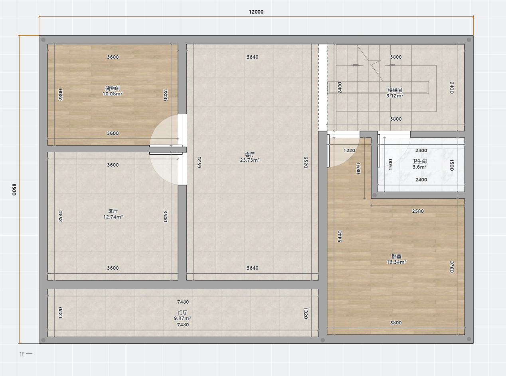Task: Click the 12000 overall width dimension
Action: click(x=256, y=12)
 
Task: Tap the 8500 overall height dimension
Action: click(x=14, y=189)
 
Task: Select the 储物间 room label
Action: click(x=113, y=88)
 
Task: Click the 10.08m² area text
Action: click(x=113, y=94)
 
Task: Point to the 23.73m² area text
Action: click(x=250, y=160)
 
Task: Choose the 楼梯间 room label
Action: click(x=395, y=90)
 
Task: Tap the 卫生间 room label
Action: click(x=419, y=161)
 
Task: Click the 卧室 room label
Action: click(x=397, y=256)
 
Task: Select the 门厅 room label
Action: click(x=182, y=312)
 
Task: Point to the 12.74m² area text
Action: click(x=113, y=217)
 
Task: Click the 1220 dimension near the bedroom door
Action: click(x=349, y=150)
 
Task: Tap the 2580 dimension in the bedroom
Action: click(x=418, y=211)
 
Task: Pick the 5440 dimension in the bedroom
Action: click(x=340, y=236)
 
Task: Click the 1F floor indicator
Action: click(x=22, y=354)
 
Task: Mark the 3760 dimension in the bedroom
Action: click(x=452, y=267)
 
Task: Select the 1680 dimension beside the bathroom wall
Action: click(x=358, y=168)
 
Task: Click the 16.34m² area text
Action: click(x=397, y=262)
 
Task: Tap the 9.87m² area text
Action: click(x=182, y=318)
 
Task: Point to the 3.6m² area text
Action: click(x=419, y=167)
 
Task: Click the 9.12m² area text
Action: click(x=395, y=96)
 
